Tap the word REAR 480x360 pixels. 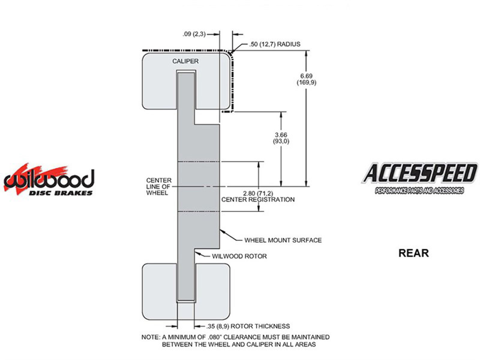(413, 253)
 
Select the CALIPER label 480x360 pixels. (185, 61)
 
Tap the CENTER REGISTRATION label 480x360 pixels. (258, 200)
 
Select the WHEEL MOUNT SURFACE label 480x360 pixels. (283, 240)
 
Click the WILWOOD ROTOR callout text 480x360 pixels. (239, 256)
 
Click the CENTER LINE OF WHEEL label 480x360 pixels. (159, 187)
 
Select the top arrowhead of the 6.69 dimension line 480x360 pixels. (306, 53)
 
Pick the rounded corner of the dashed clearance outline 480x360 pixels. (231, 54)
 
